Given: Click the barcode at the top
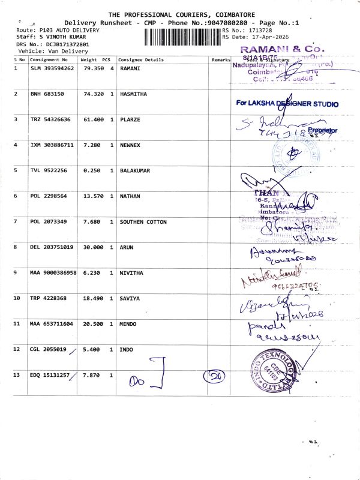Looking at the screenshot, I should (182, 37).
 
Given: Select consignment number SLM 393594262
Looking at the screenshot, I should (52, 68).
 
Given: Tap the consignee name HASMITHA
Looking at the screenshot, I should (134, 94).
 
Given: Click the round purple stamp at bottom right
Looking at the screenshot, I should (274, 373).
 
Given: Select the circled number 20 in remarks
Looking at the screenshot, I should (214, 376).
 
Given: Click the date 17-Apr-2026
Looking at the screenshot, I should (268, 37).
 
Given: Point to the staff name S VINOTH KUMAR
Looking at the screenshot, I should (56, 37).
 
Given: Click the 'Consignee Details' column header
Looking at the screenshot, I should (141, 60).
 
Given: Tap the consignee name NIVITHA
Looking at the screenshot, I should (132, 272).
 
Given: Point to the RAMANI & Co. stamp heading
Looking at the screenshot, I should (282, 48).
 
